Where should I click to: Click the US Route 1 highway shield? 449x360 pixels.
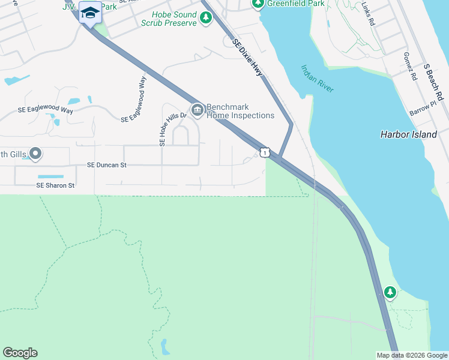coord(265,153)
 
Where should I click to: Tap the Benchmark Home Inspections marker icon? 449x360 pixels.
coord(197,109)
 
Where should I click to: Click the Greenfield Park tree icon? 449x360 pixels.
coord(258,4)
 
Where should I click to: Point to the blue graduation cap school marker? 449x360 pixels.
coord(90,12)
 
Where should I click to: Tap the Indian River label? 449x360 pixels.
coord(317,79)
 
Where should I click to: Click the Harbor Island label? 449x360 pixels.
coord(409,134)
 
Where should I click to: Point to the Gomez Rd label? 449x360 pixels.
coord(411,69)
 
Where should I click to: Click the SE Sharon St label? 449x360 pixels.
coord(55,185)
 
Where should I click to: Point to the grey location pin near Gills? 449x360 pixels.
coord(35,154)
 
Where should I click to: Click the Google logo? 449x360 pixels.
coord(20,353)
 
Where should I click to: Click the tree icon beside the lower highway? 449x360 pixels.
coord(390,292)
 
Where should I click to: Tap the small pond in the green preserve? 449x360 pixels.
coord(164,347)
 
